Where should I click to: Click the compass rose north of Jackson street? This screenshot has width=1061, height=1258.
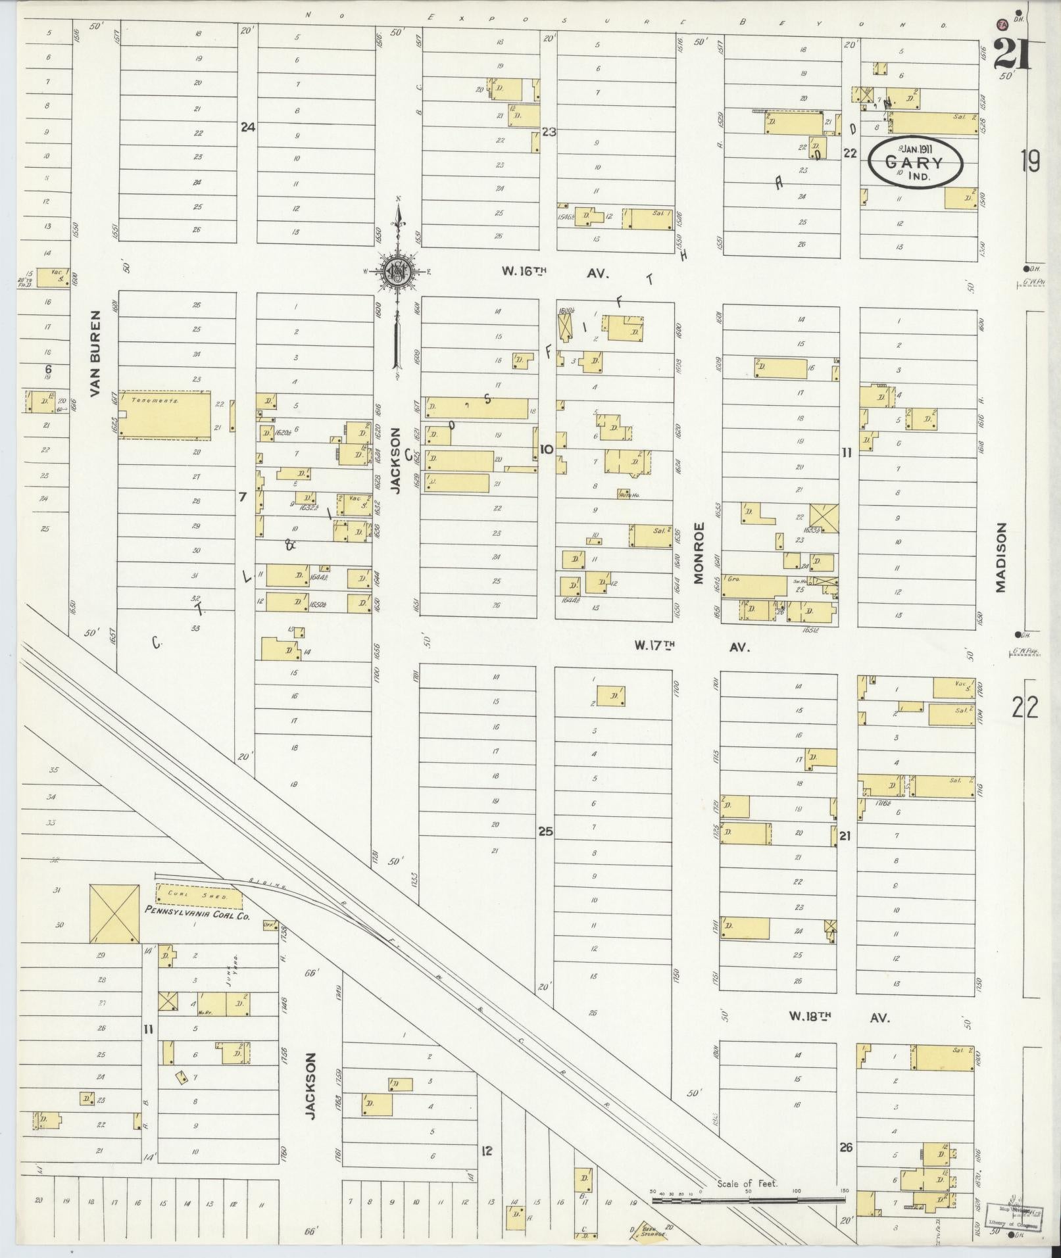pyautogui.click(x=398, y=270)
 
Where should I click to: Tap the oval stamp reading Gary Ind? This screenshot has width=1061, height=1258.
pyautogui.click(x=915, y=162)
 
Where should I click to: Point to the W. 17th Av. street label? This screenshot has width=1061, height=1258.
pyautogui.click(x=692, y=646)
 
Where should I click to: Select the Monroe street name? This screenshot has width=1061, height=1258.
pyautogui.click(x=699, y=553)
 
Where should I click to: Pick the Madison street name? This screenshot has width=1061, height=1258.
pyautogui.click(x=1001, y=558)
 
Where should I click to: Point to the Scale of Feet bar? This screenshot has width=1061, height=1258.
pyautogui.click(x=749, y=1199)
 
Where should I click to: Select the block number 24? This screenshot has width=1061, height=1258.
pyautogui.click(x=247, y=127)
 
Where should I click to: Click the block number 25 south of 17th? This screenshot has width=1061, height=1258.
pyautogui.click(x=545, y=831)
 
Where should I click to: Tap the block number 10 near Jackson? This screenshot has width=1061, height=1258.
pyautogui.click(x=546, y=450)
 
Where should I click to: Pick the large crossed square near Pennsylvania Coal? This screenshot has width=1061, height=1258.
pyautogui.click(x=114, y=913)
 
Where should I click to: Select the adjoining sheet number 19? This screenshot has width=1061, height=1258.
pyautogui.click(x=1031, y=160)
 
